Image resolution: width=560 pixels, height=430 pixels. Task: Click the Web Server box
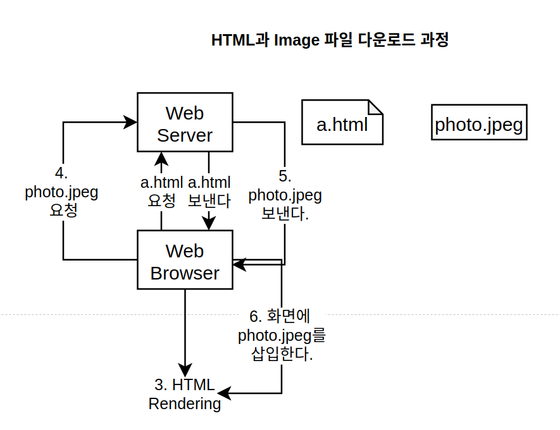click(x=185, y=123)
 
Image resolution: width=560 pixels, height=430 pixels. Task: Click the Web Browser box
click(x=185, y=261)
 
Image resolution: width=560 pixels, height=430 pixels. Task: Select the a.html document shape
click(x=342, y=123)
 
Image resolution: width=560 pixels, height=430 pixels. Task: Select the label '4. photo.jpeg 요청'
click(x=62, y=192)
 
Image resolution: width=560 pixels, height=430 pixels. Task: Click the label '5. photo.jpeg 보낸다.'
click(x=285, y=195)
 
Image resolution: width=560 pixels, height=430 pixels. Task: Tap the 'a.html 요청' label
click(x=161, y=192)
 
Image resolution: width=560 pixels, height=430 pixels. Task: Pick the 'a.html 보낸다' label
click(x=209, y=192)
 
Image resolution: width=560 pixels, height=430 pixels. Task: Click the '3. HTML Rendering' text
click(x=185, y=394)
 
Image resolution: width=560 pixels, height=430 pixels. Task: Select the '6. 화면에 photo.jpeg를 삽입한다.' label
click(x=282, y=335)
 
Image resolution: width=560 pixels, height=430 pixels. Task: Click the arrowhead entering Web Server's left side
click(x=131, y=122)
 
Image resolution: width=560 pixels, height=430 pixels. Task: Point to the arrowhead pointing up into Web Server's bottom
click(x=161, y=158)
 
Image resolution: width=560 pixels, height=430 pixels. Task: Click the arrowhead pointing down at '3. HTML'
click(x=185, y=369)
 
